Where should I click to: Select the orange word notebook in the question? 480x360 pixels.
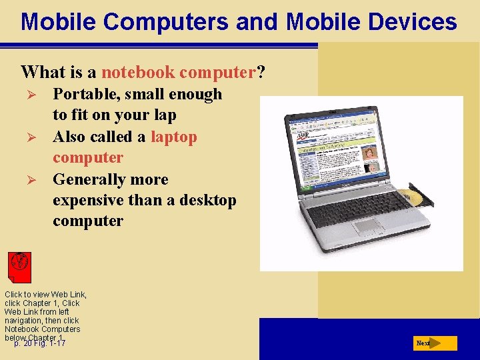pos(138,72)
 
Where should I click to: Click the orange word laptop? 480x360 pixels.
pos(174,137)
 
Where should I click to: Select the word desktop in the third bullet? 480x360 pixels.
pos(203,201)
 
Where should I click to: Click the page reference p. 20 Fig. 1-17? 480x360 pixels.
pos(40,343)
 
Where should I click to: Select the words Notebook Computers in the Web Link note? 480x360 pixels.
pos(42,329)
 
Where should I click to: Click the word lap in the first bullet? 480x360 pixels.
pos(163,115)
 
